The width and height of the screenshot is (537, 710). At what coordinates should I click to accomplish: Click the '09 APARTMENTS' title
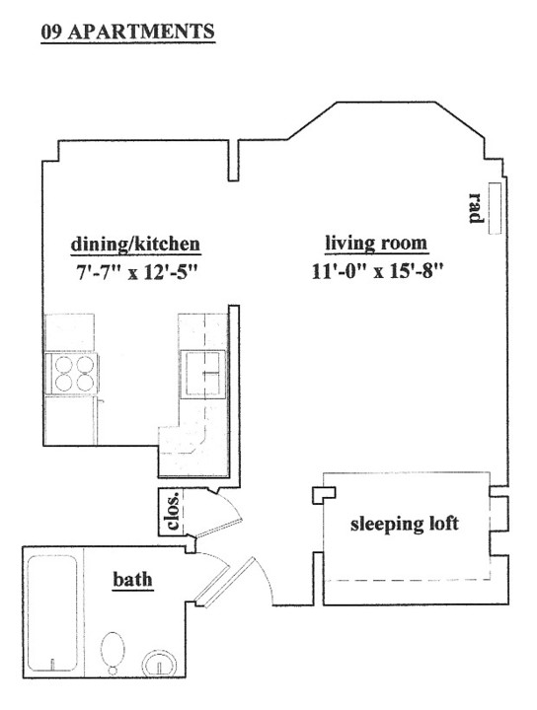[x=127, y=32]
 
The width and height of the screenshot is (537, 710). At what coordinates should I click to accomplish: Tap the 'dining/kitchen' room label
[x=135, y=244]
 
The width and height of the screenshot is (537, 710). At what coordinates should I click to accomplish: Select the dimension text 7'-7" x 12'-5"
[x=136, y=272]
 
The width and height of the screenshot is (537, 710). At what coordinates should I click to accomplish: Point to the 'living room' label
[x=376, y=244]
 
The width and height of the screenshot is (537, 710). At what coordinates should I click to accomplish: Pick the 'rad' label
[x=476, y=208]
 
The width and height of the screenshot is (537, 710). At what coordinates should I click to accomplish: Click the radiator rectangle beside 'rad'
[x=495, y=208]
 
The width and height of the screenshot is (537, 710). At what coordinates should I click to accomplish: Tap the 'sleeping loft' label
[x=405, y=524]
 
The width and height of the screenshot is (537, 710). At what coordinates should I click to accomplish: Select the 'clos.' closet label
[x=173, y=511]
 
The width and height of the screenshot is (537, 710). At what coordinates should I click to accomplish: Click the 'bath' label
[x=132, y=579]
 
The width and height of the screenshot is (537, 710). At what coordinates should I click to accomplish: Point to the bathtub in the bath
[x=52, y=613]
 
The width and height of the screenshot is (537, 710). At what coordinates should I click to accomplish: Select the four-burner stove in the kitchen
[x=72, y=374]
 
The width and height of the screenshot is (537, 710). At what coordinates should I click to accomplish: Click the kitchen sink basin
[x=202, y=374]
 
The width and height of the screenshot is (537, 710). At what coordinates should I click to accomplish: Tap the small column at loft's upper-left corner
[x=324, y=494]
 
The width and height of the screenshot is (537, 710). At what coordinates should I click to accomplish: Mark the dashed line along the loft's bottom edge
[x=407, y=581]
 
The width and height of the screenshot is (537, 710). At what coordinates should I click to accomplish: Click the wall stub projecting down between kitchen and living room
[x=233, y=161]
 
